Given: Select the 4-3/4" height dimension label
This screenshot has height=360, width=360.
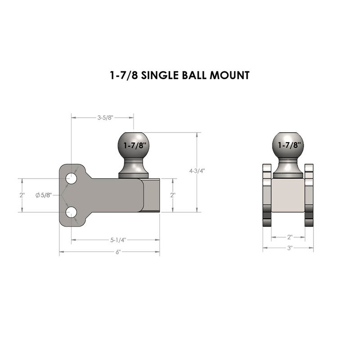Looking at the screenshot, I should click(197, 171).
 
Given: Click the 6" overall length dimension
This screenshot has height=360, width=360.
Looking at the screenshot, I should click(118, 252).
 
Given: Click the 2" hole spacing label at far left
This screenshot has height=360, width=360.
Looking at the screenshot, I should click(22, 195).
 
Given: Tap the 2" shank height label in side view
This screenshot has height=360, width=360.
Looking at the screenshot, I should click(172, 195).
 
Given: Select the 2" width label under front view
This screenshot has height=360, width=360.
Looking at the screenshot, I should click(289, 236).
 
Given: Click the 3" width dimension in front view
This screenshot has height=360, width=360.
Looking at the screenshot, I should click(289, 248).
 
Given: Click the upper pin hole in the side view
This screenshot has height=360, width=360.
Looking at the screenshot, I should click(71, 179).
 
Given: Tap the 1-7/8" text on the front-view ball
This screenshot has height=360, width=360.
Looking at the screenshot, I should click(288, 145).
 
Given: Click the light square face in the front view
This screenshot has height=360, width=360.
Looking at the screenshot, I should click(288, 196).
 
